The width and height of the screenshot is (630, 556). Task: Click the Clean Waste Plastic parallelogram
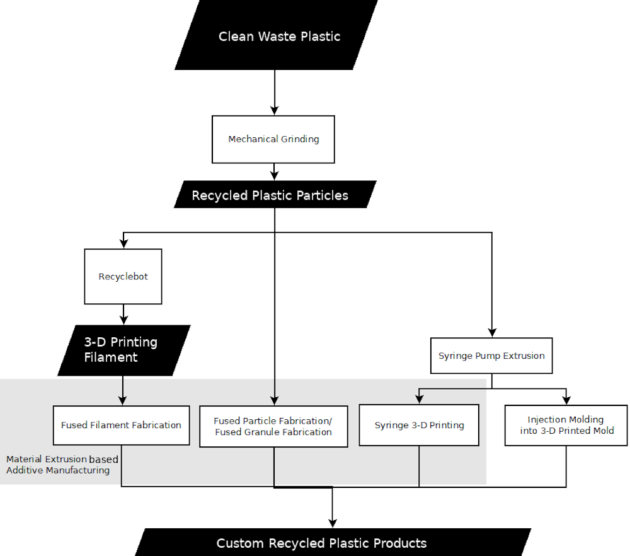pyautogui.click(x=277, y=36)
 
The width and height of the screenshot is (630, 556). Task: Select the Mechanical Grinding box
pyautogui.click(x=273, y=139)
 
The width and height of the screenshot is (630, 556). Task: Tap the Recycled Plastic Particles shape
pyautogui.click(x=275, y=195)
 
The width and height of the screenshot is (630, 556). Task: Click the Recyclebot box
pyautogui.click(x=123, y=277)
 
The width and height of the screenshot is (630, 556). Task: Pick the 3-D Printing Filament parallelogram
pyautogui.click(x=123, y=350)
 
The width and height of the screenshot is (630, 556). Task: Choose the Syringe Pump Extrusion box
pyautogui.click(x=491, y=356)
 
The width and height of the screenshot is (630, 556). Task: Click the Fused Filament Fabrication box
pyautogui.click(x=121, y=426)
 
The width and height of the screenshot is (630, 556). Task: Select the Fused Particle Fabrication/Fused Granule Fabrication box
pyautogui.click(x=273, y=427)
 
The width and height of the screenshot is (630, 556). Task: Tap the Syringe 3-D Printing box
pyautogui.click(x=419, y=426)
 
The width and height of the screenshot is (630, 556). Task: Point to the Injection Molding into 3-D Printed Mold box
pyautogui.click(x=566, y=426)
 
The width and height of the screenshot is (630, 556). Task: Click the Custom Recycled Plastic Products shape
pyautogui.click(x=333, y=543)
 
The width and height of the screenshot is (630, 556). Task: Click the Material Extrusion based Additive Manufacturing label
pyautogui.click(x=61, y=465)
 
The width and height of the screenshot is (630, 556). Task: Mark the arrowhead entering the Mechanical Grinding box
pyautogui.click(x=274, y=111)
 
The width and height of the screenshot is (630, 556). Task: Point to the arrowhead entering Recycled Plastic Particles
pyautogui.click(x=274, y=176)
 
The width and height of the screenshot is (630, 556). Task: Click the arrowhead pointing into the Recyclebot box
pyautogui.click(x=123, y=244)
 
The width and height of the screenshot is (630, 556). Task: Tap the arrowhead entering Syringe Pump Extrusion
pyautogui.click(x=492, y=333)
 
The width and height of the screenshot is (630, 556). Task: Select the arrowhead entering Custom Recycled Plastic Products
pyautogui.click(x=332, y=523)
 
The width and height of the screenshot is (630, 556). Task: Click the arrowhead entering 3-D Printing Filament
pyautogui.click(x=123, y=320)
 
